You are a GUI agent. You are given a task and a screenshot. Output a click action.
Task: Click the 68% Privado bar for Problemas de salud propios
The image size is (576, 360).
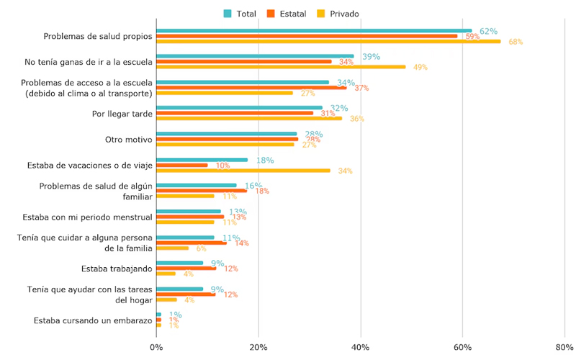[328, 41]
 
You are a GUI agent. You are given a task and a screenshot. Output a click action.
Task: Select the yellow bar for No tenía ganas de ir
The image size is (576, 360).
[281, 67]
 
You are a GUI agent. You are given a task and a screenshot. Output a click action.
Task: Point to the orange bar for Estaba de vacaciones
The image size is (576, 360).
[182, 165]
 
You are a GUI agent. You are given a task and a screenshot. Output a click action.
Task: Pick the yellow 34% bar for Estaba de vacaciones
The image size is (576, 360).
[243, 171]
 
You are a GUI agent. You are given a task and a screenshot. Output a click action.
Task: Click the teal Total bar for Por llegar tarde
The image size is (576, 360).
[239, 107]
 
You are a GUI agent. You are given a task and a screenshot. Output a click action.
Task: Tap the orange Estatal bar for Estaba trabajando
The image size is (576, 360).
[186, 269]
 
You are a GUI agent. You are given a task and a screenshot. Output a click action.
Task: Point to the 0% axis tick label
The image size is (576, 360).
[156, 348]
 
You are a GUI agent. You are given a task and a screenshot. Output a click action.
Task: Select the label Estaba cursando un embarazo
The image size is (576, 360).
[93, 320]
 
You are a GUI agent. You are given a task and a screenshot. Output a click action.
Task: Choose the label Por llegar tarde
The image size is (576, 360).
[122, 113]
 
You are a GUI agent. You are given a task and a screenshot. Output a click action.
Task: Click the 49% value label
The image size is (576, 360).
[420, 68]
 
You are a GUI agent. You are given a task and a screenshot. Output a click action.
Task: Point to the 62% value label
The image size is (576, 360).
[489, 31]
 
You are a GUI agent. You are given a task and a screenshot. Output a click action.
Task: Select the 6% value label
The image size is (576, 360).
[201, 248]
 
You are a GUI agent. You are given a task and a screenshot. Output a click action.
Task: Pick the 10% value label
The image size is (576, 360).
[222, 166]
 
